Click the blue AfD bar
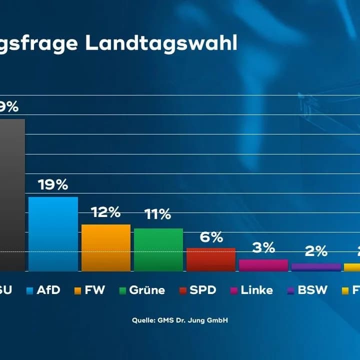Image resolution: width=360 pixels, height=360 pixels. pos(53,234)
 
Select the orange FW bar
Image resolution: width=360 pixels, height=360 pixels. pos(106,247)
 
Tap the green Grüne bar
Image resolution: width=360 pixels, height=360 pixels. pos(158,249)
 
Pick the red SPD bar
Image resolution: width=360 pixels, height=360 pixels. pos(210,259)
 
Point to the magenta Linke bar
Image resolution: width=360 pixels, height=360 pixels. pos(263,265)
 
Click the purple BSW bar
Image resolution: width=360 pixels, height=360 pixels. pos(316,267)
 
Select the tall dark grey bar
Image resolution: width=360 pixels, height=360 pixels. pos(11,195)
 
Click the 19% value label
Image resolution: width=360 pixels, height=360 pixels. pos(53,185)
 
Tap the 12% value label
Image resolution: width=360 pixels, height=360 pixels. pos(105,212)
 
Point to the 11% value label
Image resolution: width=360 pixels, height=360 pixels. pos(158,215)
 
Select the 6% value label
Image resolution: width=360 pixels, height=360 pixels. pos(211,237)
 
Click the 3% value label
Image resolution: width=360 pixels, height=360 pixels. pos(263,247)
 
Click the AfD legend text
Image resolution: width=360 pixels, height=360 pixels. pos(48,290)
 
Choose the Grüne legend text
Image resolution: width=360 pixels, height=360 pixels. pos(146,290)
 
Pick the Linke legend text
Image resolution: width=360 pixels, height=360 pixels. pos(256,290)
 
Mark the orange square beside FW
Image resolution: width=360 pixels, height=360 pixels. pos(77,290)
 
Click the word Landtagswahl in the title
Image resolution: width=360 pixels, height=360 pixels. pos(161,44)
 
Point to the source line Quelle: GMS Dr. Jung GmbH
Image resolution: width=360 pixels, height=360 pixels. pos(180,320)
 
